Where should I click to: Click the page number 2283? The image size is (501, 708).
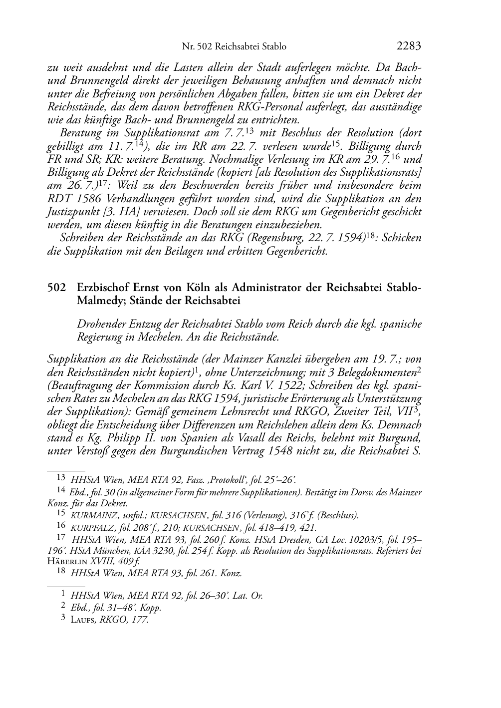pos(409,46)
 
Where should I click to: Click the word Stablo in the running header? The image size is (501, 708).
pos(274,47)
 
